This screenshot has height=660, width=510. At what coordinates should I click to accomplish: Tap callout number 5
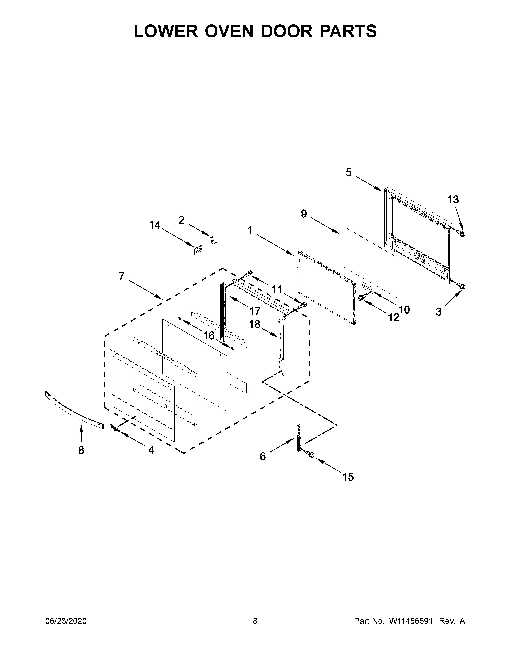(349, 173)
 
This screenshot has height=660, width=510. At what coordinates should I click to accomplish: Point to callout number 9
(304, 214)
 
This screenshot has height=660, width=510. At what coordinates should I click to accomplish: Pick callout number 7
(121, 276)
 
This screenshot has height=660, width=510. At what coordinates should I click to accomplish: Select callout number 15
(348, 477)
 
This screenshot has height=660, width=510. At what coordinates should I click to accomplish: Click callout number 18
(254, 324)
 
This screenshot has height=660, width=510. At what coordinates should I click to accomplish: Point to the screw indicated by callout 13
(461, 233)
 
